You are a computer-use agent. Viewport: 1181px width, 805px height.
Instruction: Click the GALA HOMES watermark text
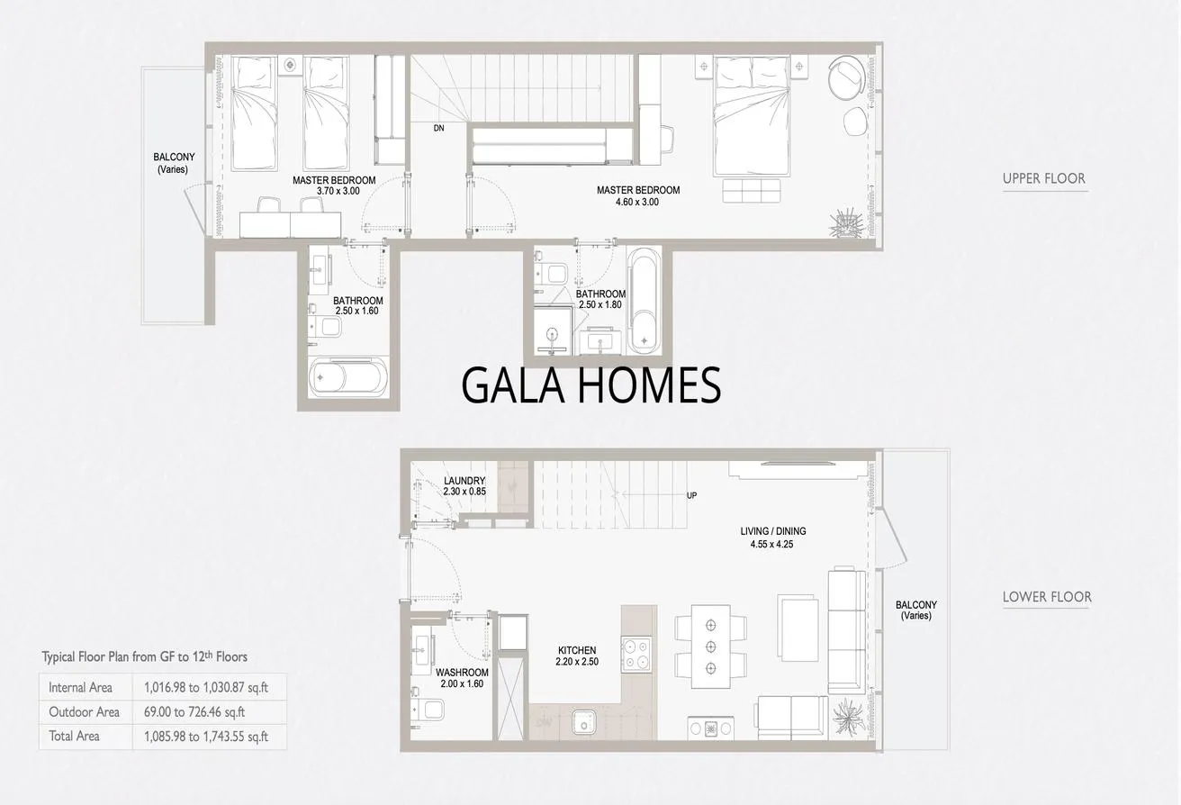pos(591,385)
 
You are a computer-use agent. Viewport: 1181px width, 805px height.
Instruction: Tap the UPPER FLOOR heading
pos(1044,178)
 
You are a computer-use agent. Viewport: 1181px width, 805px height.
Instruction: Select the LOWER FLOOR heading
pos(1047,597)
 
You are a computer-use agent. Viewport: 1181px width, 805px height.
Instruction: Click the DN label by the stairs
pos(438,128)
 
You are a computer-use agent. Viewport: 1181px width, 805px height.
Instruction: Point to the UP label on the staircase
pos(691,495)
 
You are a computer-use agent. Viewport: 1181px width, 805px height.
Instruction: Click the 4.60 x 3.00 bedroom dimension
pos(637,202)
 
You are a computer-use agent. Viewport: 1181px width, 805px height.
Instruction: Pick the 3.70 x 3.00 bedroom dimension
pos(338,191)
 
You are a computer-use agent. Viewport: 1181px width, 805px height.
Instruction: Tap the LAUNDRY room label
pos(464,481)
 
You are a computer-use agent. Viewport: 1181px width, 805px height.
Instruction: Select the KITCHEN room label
pos(577,650)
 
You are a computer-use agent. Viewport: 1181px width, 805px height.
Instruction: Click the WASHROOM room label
pos(462,673)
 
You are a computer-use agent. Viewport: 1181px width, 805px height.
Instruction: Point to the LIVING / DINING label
pos(773,531)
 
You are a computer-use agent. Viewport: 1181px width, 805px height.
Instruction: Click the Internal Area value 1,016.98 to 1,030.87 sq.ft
pos(206,687)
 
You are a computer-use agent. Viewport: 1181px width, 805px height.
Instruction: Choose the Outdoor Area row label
pos(84,712)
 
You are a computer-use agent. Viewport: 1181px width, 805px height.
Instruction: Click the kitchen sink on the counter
pos(584,721)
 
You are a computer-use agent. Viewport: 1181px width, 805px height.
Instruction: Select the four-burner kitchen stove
pos(636,654)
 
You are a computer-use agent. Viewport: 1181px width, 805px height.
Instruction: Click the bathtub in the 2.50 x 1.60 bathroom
pos(348,377)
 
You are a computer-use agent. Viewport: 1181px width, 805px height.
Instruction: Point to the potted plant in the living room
pos(848,717)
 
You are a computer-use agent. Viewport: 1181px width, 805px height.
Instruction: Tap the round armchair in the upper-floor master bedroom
pos(847,77)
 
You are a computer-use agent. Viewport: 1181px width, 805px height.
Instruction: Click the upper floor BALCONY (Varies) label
pos(174,163)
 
